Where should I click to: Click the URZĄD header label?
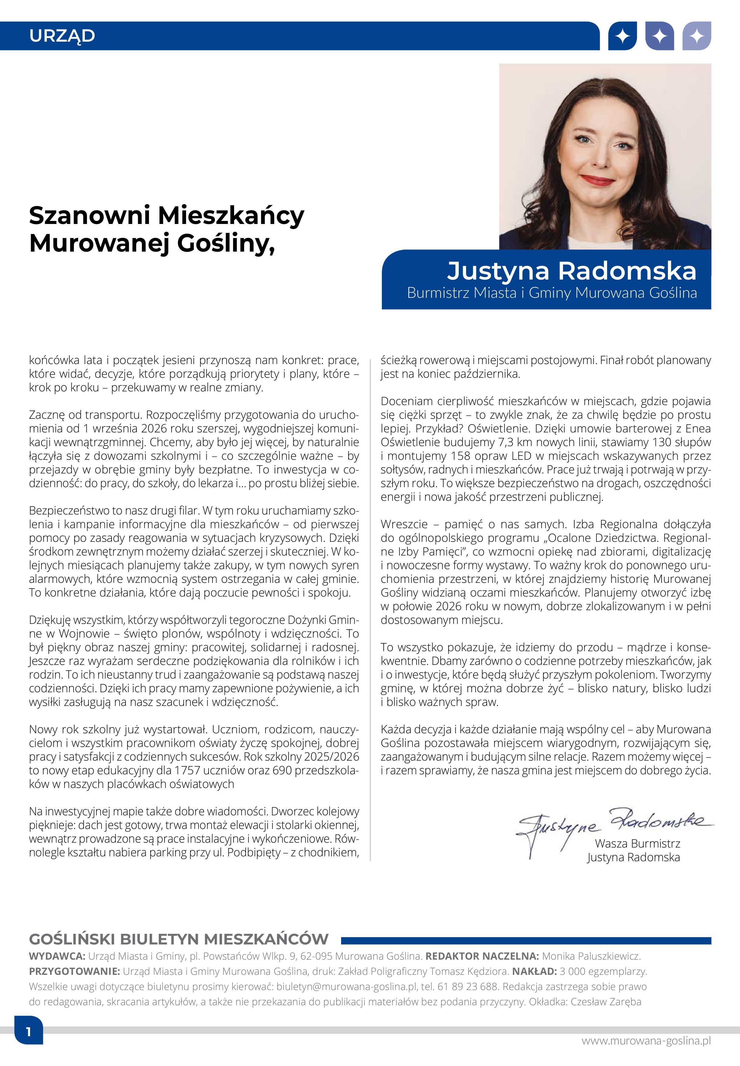[62, 36]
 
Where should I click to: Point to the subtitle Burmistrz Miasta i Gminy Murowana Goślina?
[552, 293]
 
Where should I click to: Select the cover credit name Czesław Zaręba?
[606, 1002]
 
